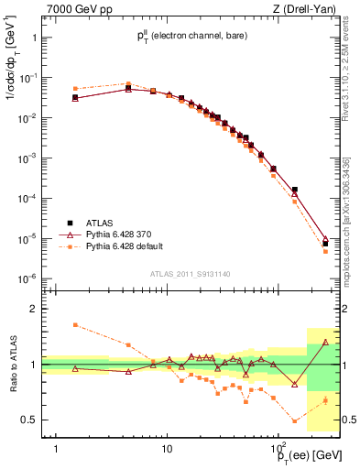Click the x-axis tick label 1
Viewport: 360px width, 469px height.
pos(57,449)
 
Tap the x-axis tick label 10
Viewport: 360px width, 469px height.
pos(166,449)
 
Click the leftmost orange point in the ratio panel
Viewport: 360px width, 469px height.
pos(75,325)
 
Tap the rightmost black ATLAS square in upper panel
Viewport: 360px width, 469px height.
pos(325,244)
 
